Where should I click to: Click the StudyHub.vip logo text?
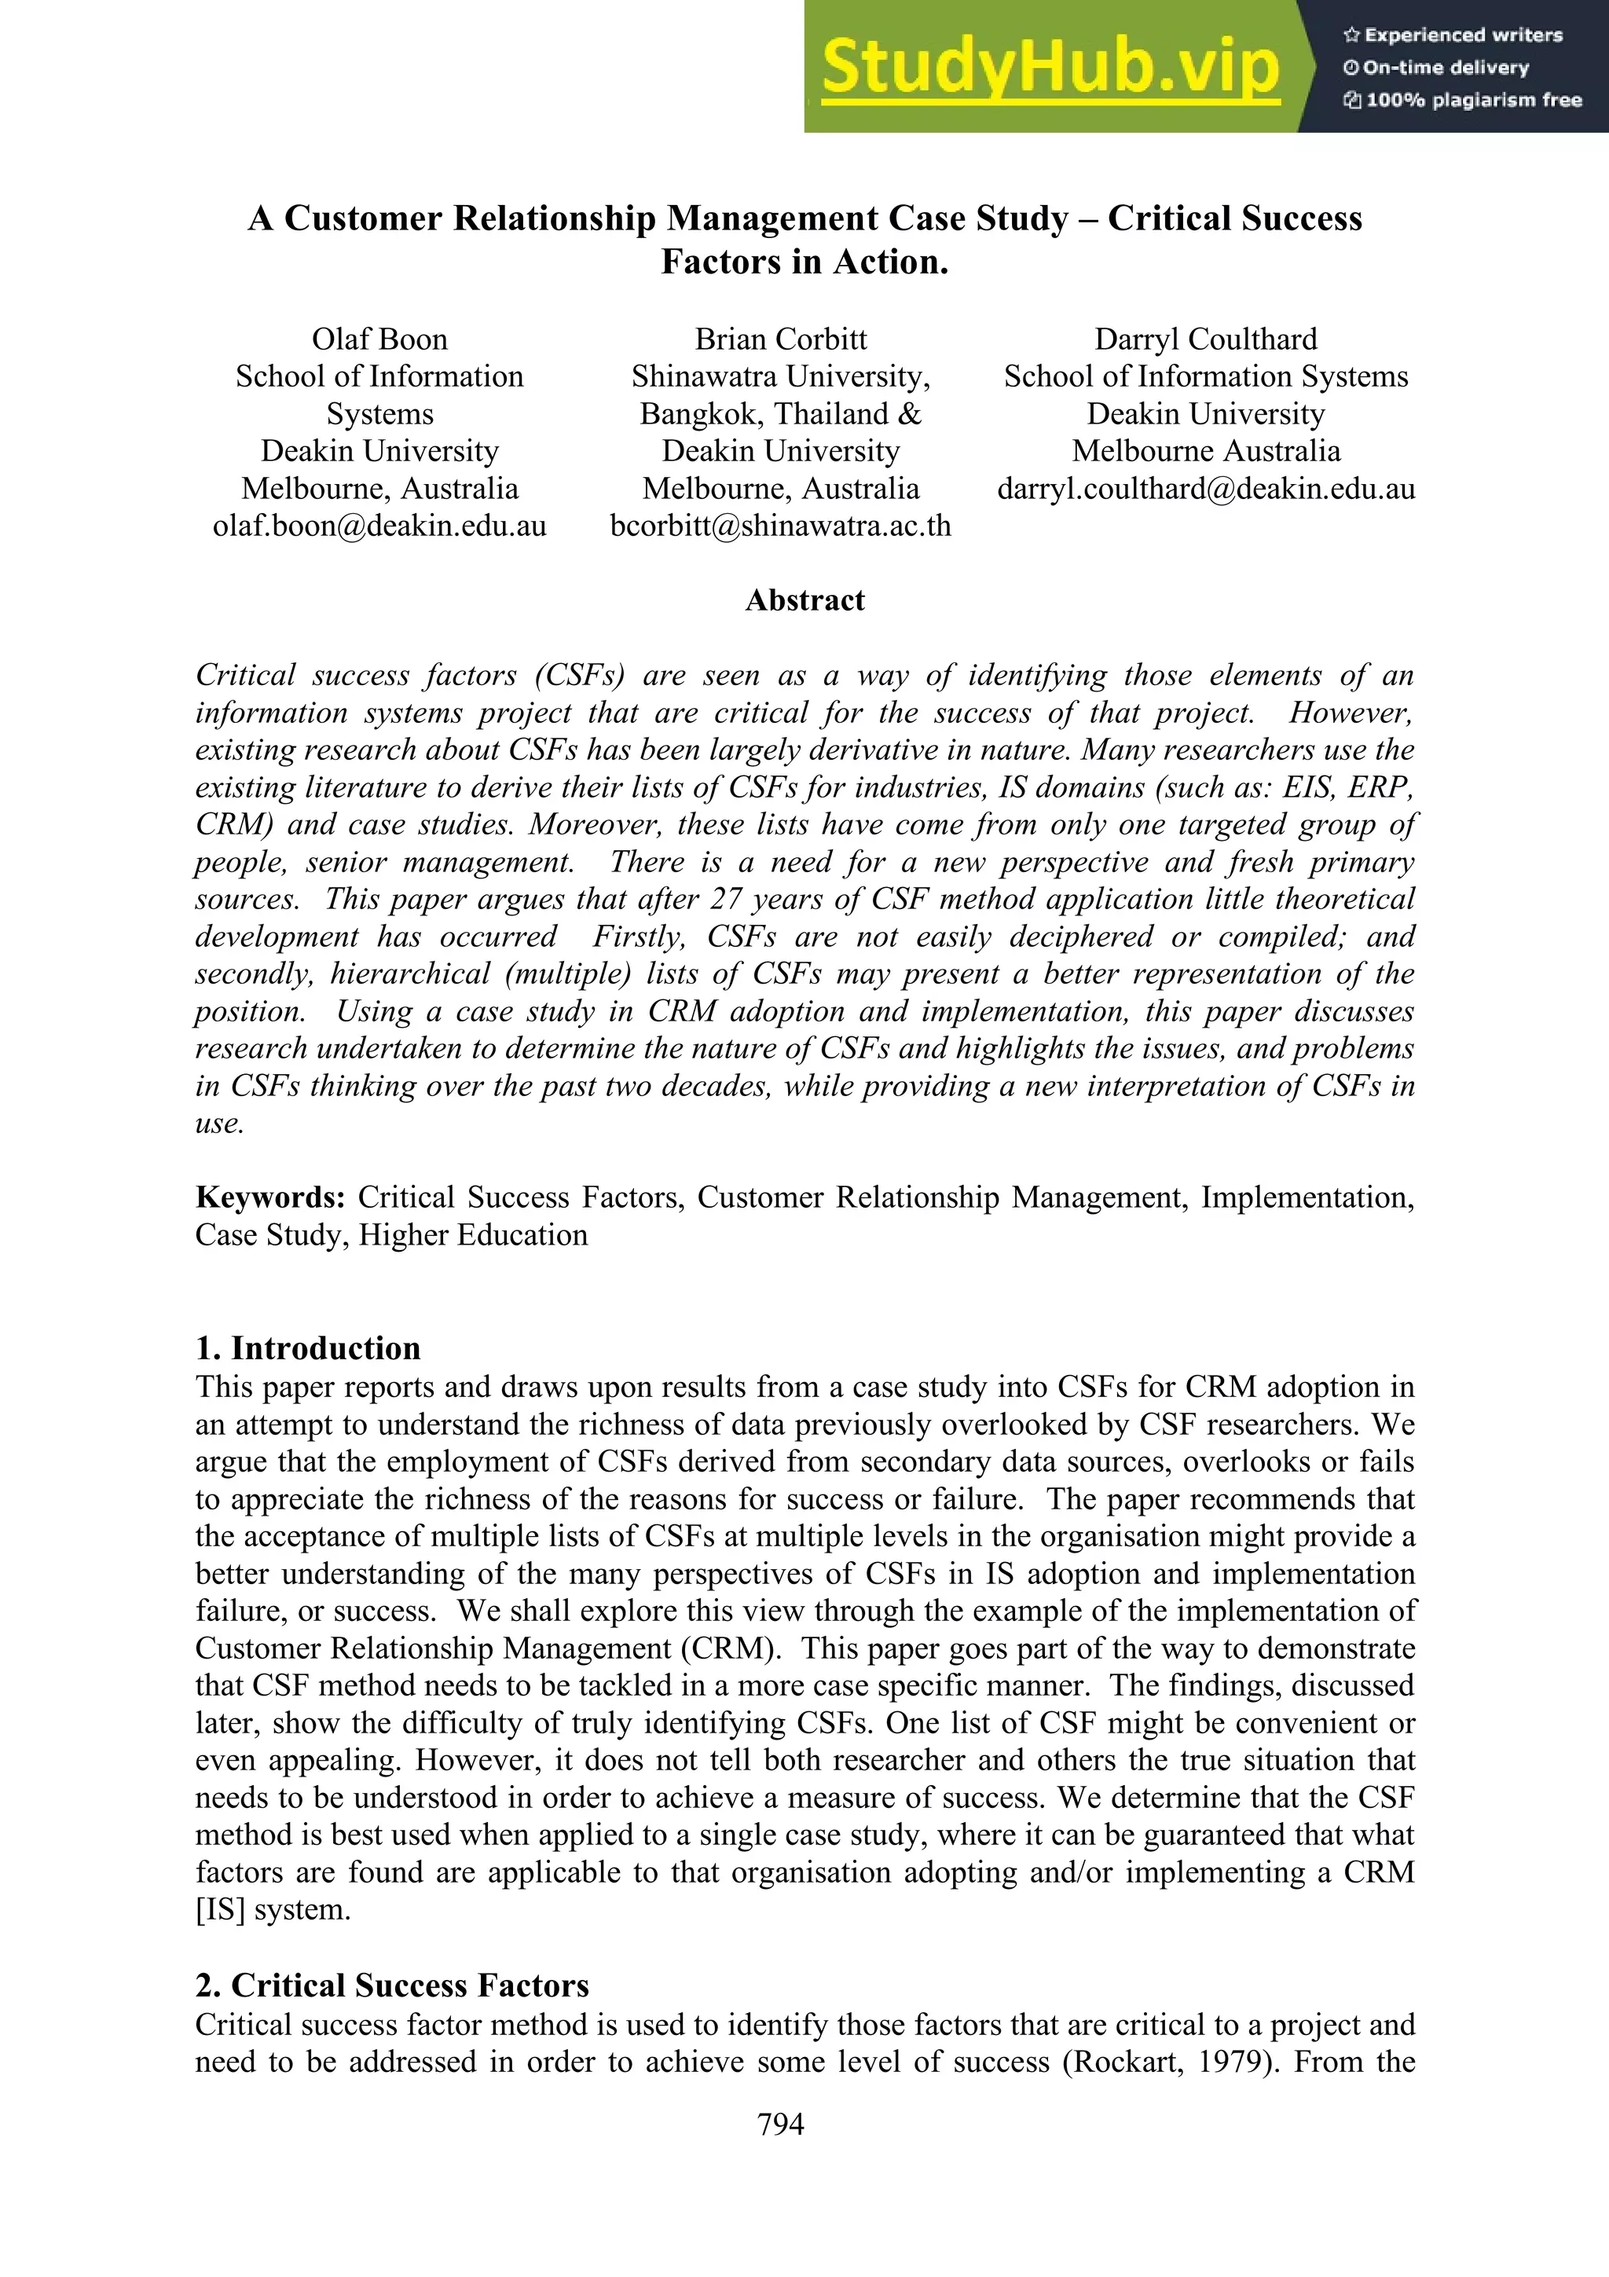point(1049,68)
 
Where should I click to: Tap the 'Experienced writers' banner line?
point(1453,35)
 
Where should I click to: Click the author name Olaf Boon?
point(379,339)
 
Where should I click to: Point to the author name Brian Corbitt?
point(780,339)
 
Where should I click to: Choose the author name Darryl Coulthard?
point(1205,339)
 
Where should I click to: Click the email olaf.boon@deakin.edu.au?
point(379,526)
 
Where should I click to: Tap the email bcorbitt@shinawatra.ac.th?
point(780,526)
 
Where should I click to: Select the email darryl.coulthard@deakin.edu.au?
point(1205,488)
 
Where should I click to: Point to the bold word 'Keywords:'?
point(269,1197)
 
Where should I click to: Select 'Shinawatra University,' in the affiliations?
point(780,377)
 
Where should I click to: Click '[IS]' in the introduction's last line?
point(220,1909)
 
